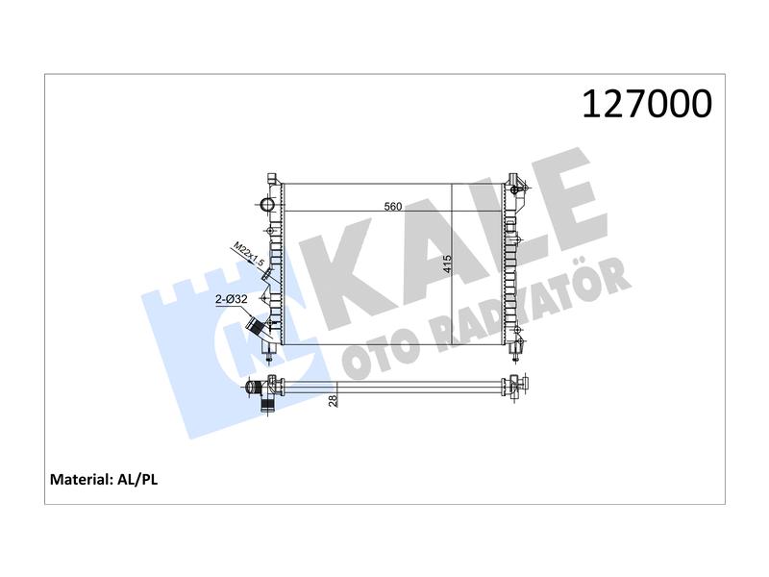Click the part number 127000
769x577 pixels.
647,104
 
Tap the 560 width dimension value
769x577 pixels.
393,206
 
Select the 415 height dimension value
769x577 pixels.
446,263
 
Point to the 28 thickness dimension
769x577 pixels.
334,400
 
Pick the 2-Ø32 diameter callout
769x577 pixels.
232,299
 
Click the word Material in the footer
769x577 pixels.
82,479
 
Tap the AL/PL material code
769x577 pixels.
137,479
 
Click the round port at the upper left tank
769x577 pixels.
268,205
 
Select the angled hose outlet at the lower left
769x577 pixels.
258,327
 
